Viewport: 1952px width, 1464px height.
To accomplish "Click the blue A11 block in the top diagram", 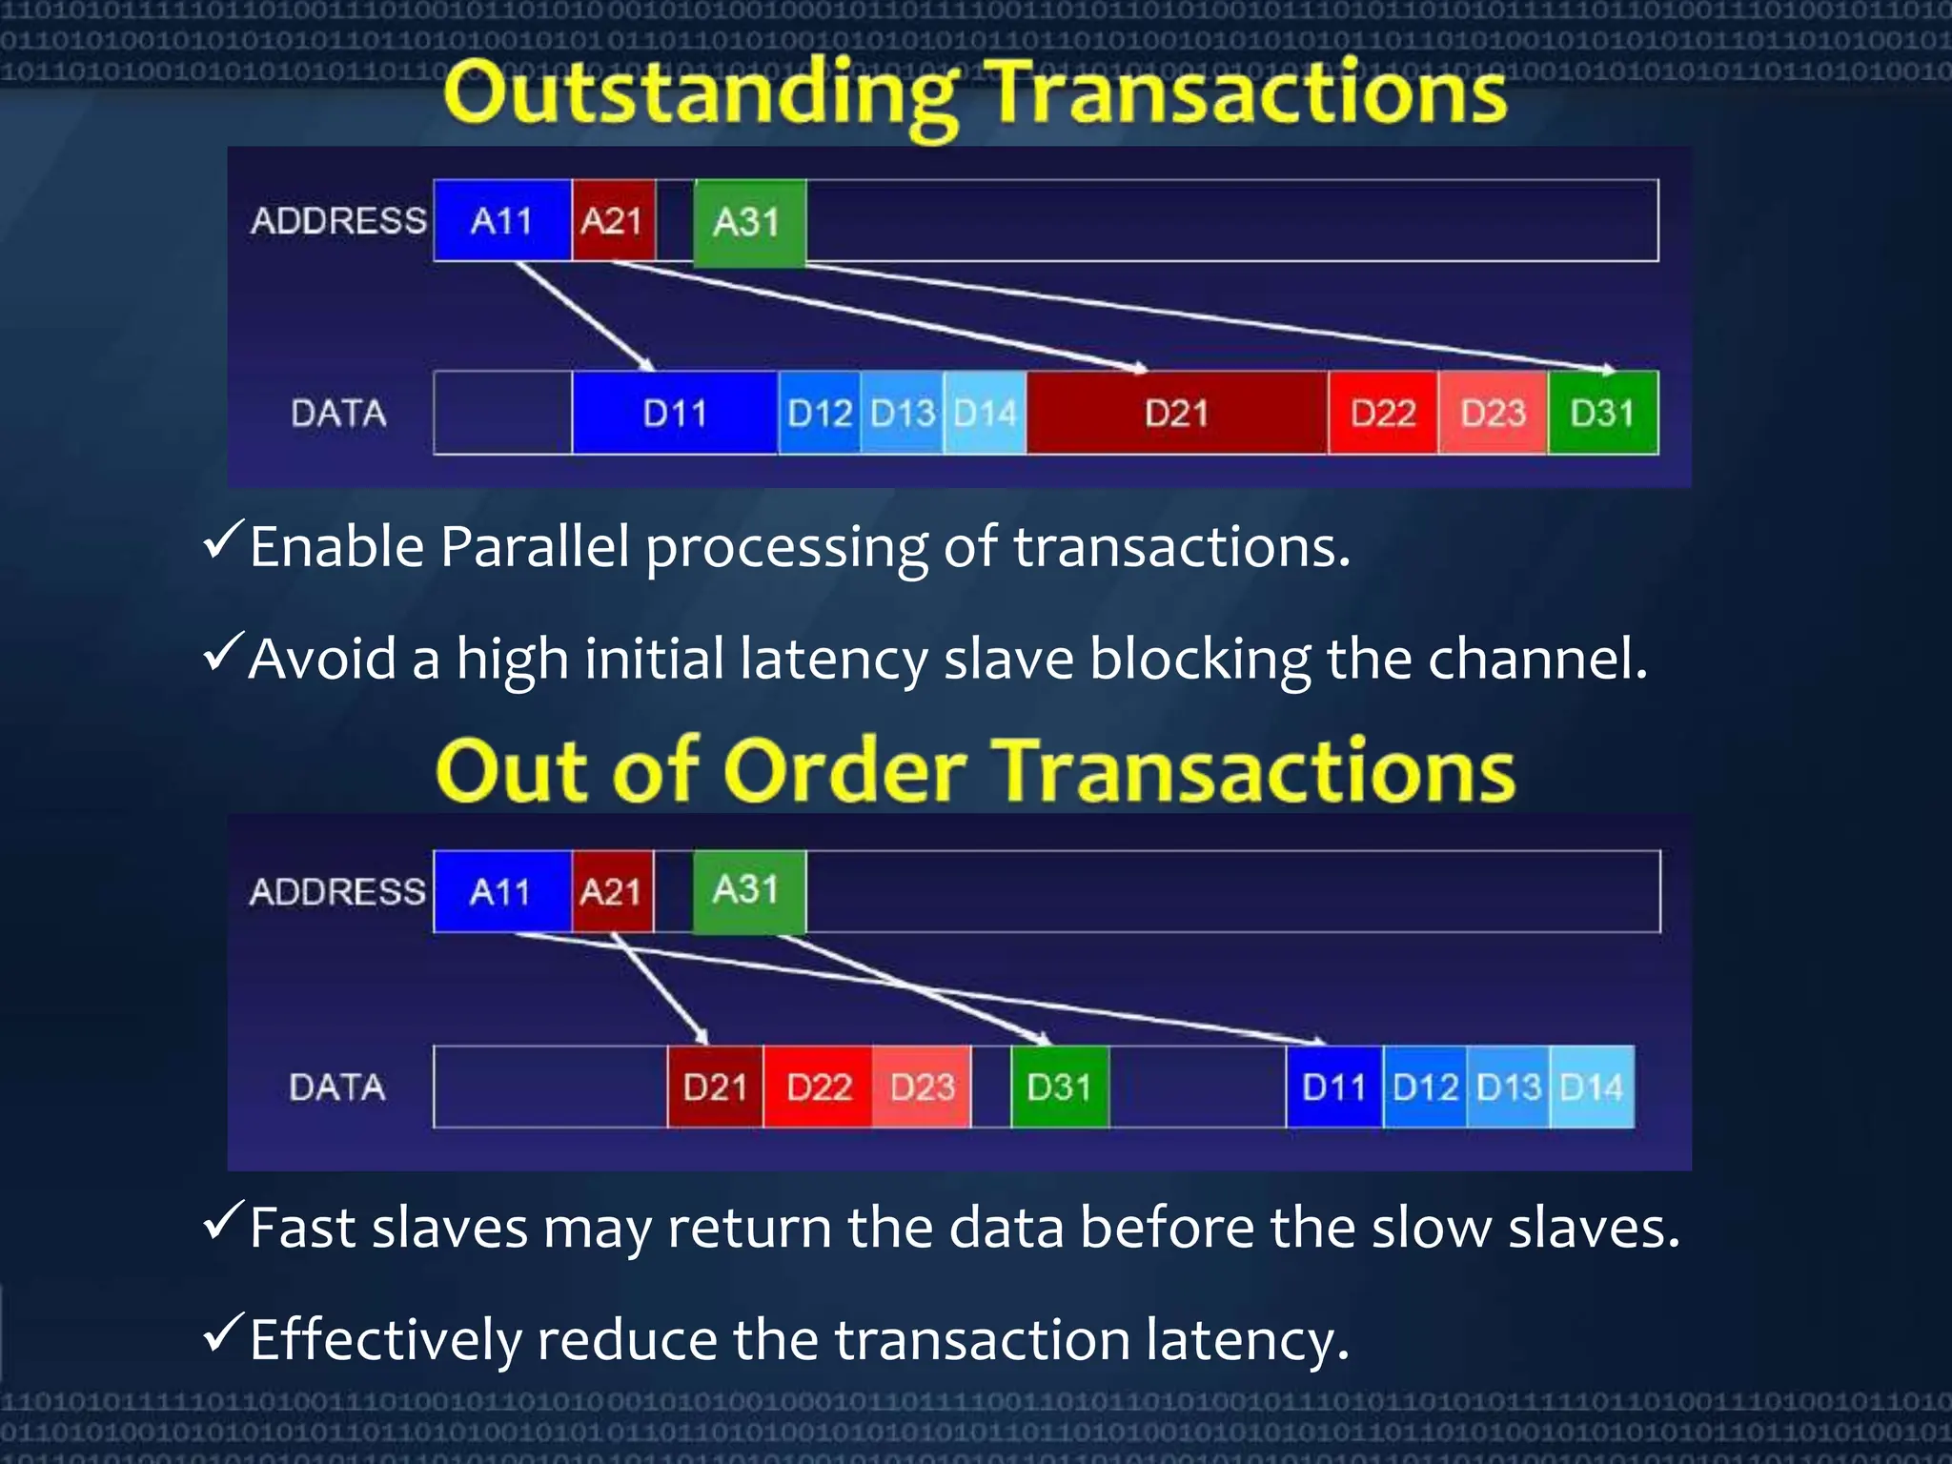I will [x=501, y=220].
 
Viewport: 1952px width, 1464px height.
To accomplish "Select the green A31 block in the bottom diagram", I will [x=748, y=891].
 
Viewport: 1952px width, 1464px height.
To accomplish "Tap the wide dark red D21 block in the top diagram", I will [x=1176, y=413].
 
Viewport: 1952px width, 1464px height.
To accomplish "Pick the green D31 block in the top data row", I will [x=1602, y=413].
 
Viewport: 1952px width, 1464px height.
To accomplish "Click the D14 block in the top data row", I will [x=985, y=413].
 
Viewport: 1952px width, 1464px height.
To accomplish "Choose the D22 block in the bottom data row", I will [x=818, y=1087].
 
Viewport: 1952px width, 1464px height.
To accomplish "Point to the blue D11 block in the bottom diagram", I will [x=1333, y=1087].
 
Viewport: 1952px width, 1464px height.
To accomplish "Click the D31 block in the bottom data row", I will [x=1059, y=1087].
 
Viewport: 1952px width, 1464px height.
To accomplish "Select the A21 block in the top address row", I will [x=613, y=220].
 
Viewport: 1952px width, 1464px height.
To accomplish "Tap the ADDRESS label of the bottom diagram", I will [x=337, y=891].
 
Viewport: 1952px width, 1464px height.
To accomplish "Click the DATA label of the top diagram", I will [x=338, y=413].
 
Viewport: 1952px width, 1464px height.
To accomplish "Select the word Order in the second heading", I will [x=844, y=771].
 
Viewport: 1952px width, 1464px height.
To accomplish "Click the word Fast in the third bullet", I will [x=301, y=1228].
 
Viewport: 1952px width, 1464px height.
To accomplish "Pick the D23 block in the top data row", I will [x=1493, y=413].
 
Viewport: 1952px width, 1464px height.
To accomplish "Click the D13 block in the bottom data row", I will [x=1508, y=1087].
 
